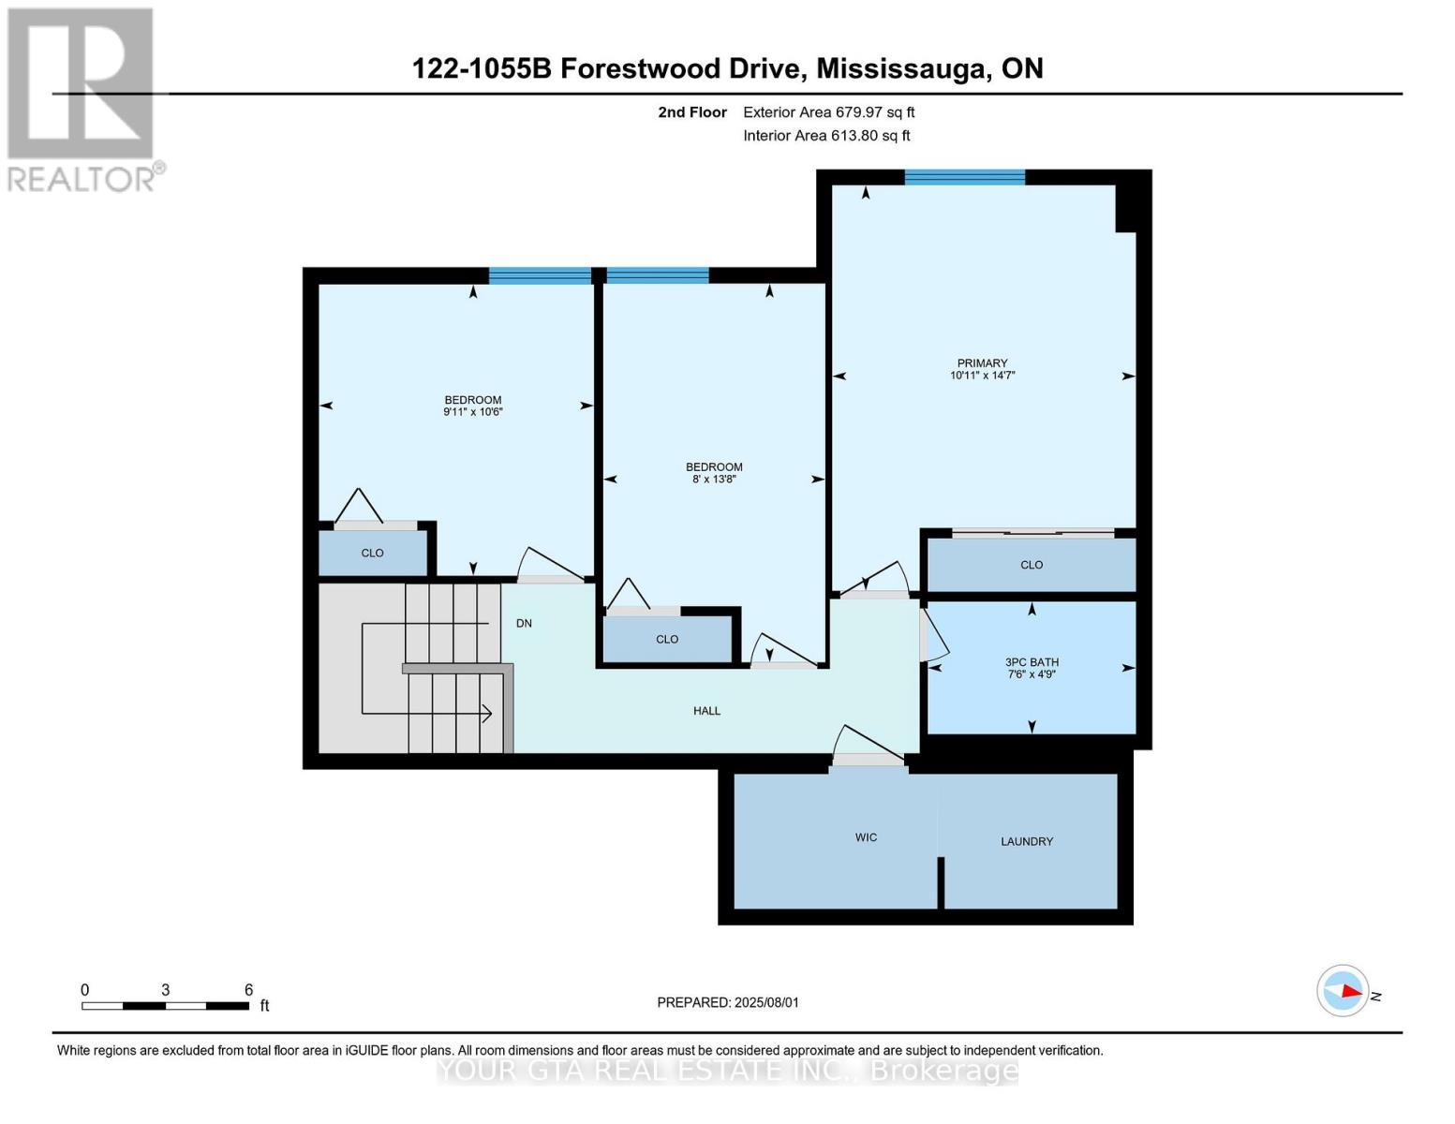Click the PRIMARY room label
(x=982, y=362)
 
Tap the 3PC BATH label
(x=1032, y=662)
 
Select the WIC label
(x=866, y=837)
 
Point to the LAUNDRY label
(x=1027, y=841)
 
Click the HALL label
(x=706, y=711)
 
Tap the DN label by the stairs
(x=524, y=623)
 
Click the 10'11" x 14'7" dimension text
(x=982, y=376)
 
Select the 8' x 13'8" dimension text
(x=714, y=480)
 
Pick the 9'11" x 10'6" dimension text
(x=473, y=412)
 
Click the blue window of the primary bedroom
(x=965, y=177)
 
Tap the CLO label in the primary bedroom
(x=1032, y=565)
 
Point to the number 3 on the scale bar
(x=165, y=990)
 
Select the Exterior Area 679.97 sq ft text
(x=829, y=112)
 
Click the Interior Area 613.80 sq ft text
(x=827, y=136)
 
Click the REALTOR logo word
(x=82, y=180)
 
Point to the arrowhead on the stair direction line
(x=487, y=714)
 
